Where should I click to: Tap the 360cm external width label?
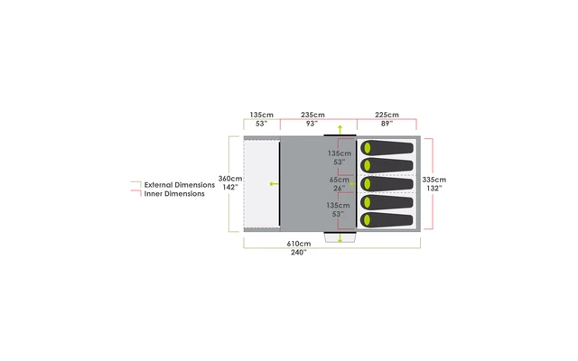pos(230,179)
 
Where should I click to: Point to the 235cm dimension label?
pos(312,115)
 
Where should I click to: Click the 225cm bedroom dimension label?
pos(387,115)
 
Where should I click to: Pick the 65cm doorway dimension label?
pos(339,180)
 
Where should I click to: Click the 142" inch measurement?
pos(230,188)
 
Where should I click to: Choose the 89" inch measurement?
pos(387,124)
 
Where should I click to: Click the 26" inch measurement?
pos(339,189)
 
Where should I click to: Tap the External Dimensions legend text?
pos(181,184)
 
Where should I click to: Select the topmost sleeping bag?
pos(387,148)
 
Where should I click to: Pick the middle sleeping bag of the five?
pos(387,184)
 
